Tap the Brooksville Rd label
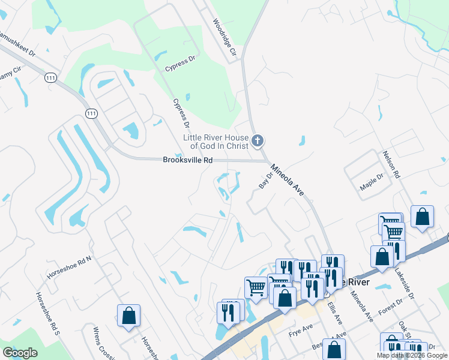pyautogui.click(x=188, y=160)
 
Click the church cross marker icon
pyautogui.click(x=258, y=141)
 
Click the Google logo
pyautogui.click(x=20, y=353)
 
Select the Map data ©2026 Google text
pyautogui.click(x=412, y=355)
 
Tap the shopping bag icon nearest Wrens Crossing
pyautogui.click(x=128, y=315)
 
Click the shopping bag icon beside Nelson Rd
pyautogui.click(x=423, y=217)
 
